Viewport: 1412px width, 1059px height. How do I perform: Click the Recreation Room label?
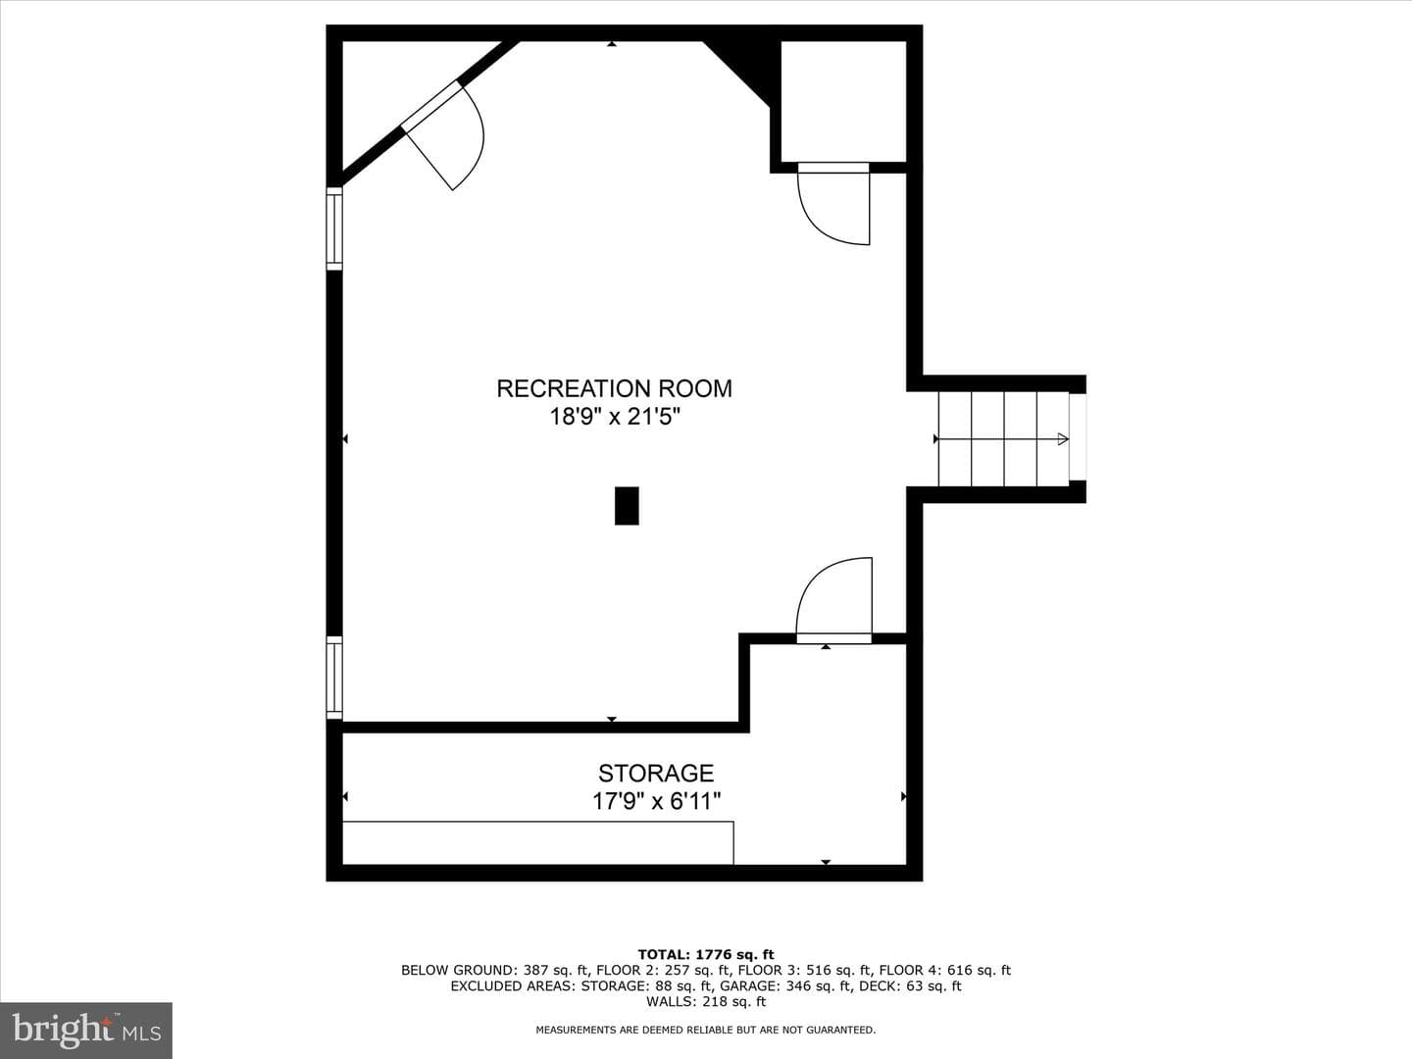coord(615,388)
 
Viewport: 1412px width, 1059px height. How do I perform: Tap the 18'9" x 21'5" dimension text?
coord(615,417)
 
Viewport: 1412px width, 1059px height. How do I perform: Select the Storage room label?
coord(656,773)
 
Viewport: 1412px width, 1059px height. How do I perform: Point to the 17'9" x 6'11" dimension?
coord(656,801)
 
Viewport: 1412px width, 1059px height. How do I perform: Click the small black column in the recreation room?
coord(627,506)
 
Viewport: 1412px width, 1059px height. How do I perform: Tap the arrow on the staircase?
coord(1001,439)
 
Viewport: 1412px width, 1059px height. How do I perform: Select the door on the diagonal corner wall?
coord(444,135)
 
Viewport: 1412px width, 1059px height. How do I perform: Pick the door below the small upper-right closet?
coord(833,203)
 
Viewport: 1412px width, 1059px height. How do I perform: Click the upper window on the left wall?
coord(334,228)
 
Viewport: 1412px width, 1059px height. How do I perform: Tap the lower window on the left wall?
coord(334,678)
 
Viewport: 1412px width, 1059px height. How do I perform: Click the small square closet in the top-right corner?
coord(843,102)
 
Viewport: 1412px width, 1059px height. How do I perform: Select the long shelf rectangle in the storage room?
coord(537,843)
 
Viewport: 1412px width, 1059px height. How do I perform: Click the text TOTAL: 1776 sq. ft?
coord(706,954)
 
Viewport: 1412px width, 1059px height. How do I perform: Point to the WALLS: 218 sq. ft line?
coord(706,1001)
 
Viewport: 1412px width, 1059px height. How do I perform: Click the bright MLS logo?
coord(86,1030)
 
